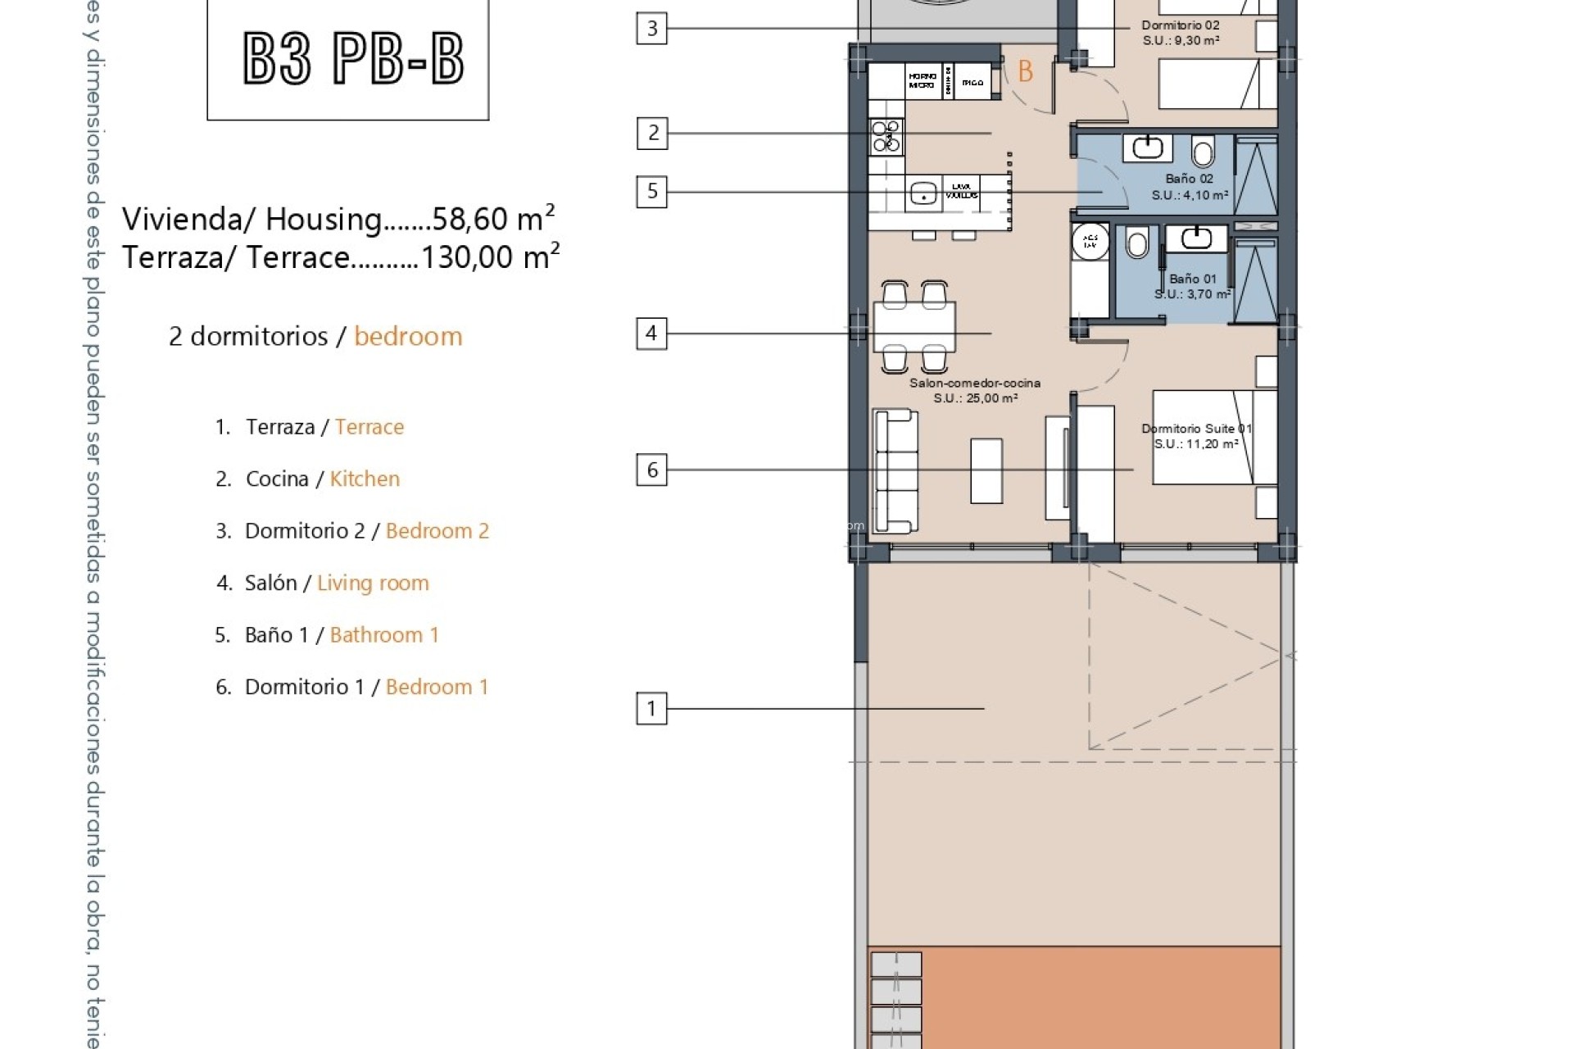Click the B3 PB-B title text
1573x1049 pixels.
click(354, 59)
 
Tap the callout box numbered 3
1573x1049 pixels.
click(652, 29)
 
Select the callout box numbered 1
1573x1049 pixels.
click(651, 708)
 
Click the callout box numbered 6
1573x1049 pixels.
click(652, 470)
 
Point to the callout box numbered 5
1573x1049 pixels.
click(652, 192)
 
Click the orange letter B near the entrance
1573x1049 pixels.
click(1025, 72)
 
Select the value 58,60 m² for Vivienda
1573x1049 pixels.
click(493, 219)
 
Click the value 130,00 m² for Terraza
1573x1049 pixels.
click(490, 257)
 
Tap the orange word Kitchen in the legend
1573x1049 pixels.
click(365, 479)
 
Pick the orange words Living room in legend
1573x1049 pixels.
click(373, 583)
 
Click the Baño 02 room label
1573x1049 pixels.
click(1189, 179)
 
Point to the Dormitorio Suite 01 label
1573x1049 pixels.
click(1195, 429)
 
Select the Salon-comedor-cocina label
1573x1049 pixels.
click(975, 383)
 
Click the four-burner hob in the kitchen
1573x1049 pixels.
click(886, 137)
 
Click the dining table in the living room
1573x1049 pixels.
click(914, 326)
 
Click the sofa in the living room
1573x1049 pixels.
click(895, 472)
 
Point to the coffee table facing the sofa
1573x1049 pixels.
click(986, 470)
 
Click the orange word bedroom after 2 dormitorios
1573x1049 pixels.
click(408, 337)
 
